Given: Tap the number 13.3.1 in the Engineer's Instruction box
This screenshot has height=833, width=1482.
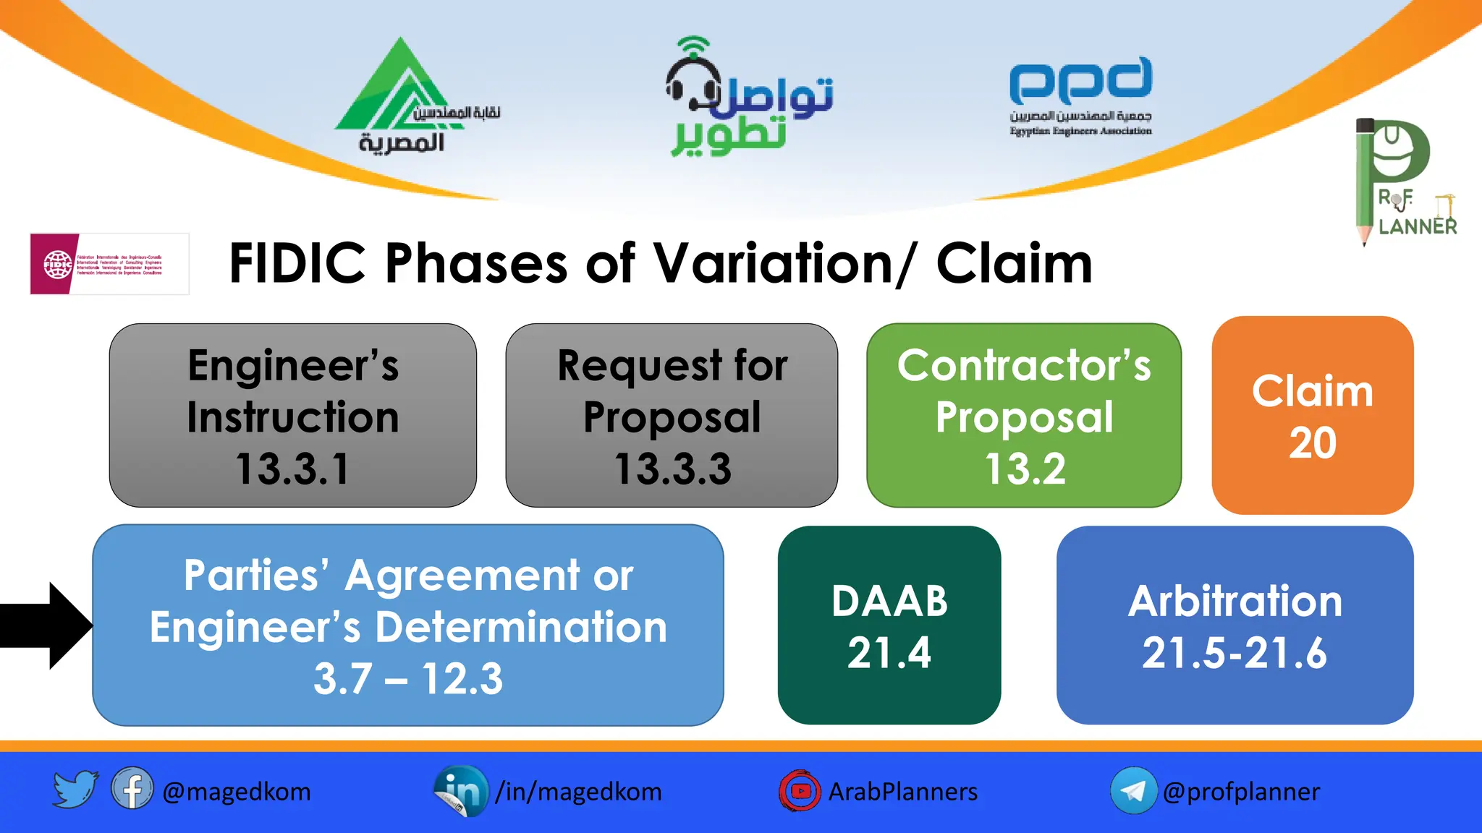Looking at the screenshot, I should (x=293, y=469).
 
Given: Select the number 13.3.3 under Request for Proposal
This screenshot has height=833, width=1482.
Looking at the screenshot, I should (x=672, y=469).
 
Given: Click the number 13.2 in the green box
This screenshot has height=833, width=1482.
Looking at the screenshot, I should (x=1025, y=469).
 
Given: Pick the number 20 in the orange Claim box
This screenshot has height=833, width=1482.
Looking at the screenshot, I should (x=1312, y=443).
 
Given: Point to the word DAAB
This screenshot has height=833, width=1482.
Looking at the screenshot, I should (x=889, y=601).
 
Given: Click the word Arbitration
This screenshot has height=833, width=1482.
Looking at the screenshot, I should (x=1235, y=601).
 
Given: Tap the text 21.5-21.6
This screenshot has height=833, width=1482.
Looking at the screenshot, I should (x=1235, y=653).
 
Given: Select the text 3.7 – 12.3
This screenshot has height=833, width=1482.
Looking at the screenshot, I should (x=408, y=679).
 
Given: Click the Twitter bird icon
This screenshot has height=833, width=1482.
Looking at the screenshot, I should (x=75, y=789).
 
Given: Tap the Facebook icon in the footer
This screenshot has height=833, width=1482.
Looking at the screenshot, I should (x=132, y=789).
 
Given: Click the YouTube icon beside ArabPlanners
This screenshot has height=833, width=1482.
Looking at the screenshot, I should (x=800, y=791).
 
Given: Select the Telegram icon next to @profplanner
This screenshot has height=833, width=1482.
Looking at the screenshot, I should (x=1133, y=791).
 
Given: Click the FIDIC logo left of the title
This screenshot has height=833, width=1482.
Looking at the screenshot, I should (x=109, y=264).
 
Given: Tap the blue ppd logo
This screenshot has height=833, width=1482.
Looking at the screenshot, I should (x=1080, y=81).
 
